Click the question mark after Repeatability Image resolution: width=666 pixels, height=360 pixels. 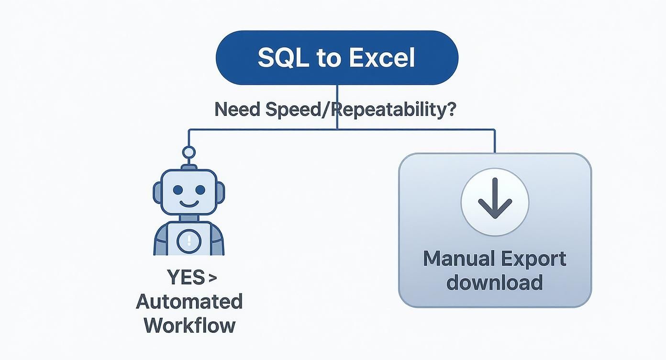pos(450,110)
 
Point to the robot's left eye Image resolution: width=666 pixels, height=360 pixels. pos(178,190)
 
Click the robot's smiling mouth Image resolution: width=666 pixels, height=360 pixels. pos(189,203)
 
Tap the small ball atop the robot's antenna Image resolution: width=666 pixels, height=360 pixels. pos(189,153)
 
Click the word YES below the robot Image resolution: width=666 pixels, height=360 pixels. pos(183,278)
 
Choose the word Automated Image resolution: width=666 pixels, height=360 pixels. pos(189,302)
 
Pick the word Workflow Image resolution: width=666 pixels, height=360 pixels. pos(189,325)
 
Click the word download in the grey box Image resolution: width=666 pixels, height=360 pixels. pos(495,282)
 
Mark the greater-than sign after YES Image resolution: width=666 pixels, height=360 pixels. pos(213,278)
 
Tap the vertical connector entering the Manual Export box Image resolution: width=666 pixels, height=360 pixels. pos(495,141)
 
